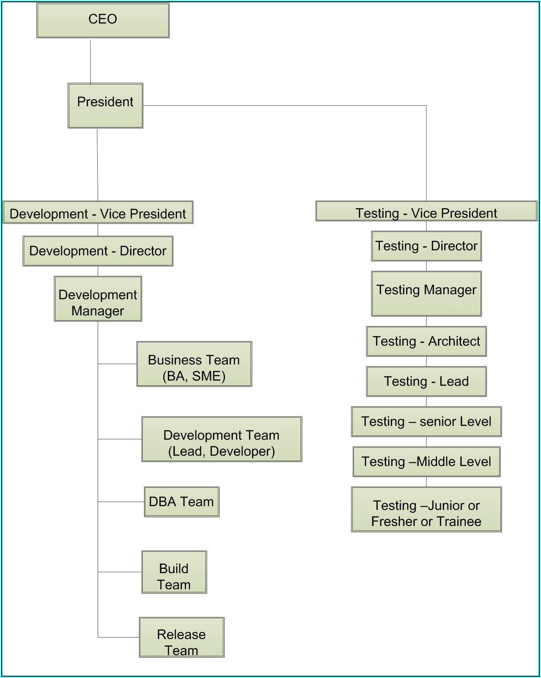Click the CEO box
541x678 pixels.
(x=103, y=20)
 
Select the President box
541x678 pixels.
(x=105, y=105)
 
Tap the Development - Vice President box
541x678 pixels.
(x=98, y=213)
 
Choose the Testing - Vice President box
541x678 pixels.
(x=426, y=212)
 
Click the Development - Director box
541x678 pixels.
(x=98, y=251)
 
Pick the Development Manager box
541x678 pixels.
(x=98, y=298)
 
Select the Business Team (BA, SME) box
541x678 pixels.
(x=194, y=364)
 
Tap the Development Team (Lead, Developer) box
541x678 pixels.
(x=221, y=439)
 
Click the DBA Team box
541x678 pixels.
(x=182, y=502)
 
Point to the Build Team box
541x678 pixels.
(x=174, y=572)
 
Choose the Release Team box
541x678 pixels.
(x=182, y=637)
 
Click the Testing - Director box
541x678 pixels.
(x=426, y=246)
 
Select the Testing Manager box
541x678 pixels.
(x=426, y=293)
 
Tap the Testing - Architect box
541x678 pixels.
(x=426, y=341)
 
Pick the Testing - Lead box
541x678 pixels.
(x=426, y=381)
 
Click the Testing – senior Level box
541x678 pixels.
(x=426, y=421)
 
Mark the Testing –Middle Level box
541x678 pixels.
(x=426, y=461)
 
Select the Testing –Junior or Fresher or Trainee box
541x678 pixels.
(x=426, y=509)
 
